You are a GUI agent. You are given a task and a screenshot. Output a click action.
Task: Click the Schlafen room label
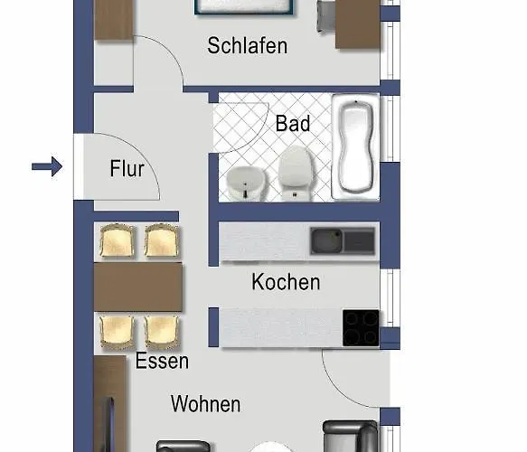[x=247, y=45]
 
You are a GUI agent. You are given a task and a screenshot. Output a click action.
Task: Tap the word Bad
[x=293, y=124]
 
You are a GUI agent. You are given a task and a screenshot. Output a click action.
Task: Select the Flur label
[x=127, y=168]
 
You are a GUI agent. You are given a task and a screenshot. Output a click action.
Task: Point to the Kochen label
[x=286, y=282]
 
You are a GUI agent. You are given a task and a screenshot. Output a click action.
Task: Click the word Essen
[x=162, y=362]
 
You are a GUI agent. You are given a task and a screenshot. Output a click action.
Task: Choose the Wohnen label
[x=206, y=403]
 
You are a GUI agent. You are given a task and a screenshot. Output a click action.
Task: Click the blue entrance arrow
[x=46, y=166]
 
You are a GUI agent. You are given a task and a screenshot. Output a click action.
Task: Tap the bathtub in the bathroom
[x=356, y=146]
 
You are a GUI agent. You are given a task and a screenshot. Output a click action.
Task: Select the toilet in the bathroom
[x=294, y=174]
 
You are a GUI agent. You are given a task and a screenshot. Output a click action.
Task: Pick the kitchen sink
[x=343, y=240]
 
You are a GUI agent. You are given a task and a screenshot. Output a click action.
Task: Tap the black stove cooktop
[x=361, y=328]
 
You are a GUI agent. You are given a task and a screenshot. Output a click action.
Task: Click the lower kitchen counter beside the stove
[x=280, y=328]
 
